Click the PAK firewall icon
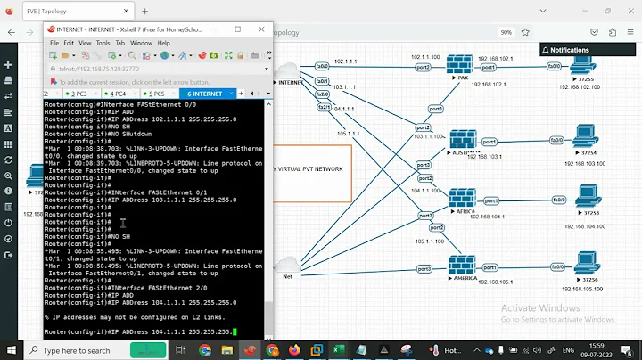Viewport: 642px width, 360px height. [460, 66]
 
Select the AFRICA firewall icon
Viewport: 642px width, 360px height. [463, 199]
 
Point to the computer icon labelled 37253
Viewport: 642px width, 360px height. [586, 199]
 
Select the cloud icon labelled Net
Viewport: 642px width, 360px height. [287, 266]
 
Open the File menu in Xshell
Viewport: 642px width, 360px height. [54, 43]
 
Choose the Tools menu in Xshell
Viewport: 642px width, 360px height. [103, 43]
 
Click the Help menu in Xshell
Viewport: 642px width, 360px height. [164, 43]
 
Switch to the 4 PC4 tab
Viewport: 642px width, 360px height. [117, 93]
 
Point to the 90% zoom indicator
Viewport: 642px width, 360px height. [506, 32]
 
